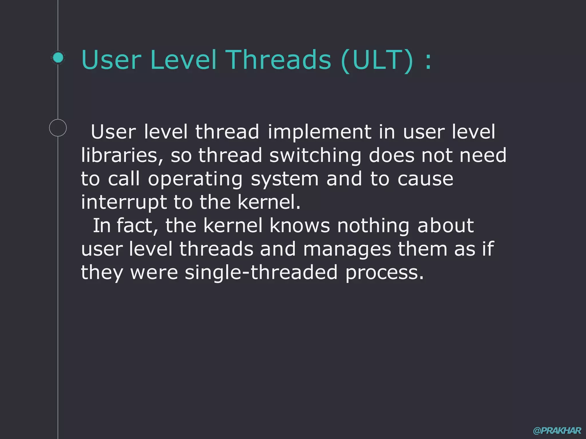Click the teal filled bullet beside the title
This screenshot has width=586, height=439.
pyautogui.click(x=58, y=58)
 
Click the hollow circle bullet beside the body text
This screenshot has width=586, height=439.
pyautogui.click(x=58, y=128)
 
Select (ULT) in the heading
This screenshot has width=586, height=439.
pyautogui.click(x=377, y=60)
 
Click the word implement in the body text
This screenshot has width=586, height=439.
pyautogui.click(x=319, y=132)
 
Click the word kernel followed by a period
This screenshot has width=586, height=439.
pyautogui.click(x=269, y=202)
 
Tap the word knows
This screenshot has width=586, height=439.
pyautogui.click(x=300, y=226)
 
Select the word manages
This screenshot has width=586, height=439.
pyautogui.click(x=347, y=249)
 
